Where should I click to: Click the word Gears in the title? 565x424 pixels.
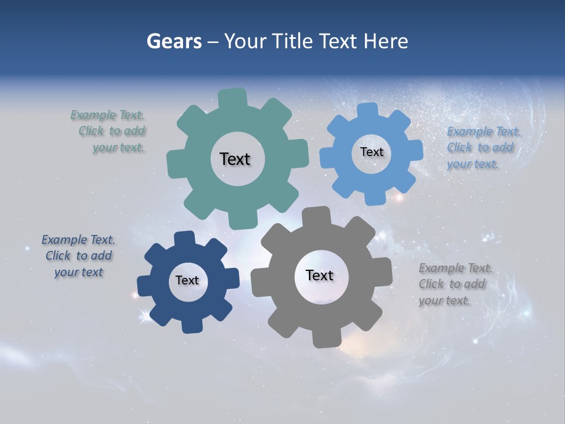click(x=174, y=41)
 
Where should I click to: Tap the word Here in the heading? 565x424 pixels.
click(x=385, y=41)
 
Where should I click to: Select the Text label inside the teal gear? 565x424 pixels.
click(x=235, y=159)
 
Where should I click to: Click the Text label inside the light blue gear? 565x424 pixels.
click(x=371, y=152)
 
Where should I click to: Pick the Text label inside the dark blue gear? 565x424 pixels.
click(x=187, y=280)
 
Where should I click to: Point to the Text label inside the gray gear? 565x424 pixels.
click(x=320, y=275)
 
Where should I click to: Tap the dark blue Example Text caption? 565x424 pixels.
click(x=78, y=256)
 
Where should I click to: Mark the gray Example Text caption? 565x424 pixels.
click(x=455, y=284)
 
